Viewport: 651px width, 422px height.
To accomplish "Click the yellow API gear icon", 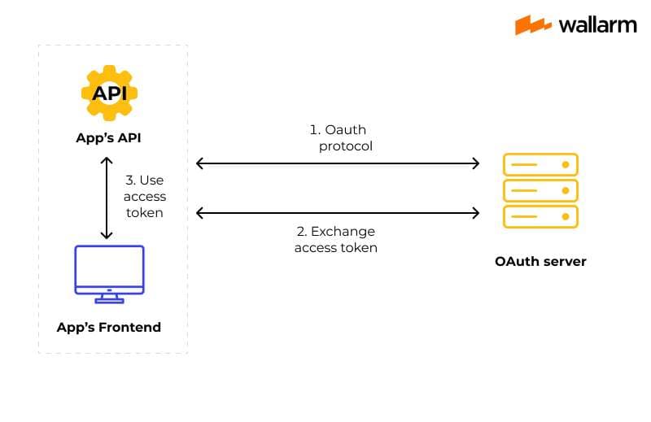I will pyautogui.click(x=109, y=92).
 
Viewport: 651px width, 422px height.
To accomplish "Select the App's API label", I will pyautogui.click(x=108, y=137).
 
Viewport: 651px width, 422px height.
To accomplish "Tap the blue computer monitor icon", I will pyautogui.click(x=109, y=270).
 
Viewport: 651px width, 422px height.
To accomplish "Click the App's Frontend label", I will pyautogui.click(x=109, y=328).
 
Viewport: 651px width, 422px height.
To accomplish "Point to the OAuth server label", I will pyautogui.click(x=540, y=262).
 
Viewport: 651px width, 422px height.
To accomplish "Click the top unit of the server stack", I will pyautogui.click(x=540, y=164).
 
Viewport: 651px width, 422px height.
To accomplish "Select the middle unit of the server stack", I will pyautogui.click(x=540, y=190).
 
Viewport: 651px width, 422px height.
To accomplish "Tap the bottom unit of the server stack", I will pyautogui.click(x=540, y=216).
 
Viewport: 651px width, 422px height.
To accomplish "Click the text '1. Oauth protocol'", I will pyautogui.click(x=338, y=138).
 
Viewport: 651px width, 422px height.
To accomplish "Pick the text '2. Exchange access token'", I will pyautogui.click(x=336, y=240).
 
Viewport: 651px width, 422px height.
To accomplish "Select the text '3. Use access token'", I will pyautogui.click(x=146, y=196).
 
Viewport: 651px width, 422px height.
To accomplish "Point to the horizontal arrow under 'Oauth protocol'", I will pyautogui.click(x=338, y=163).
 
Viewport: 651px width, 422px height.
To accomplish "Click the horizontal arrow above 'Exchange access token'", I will pyautogui.click(x=338, y=214).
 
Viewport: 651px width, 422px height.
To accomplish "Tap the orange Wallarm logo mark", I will pyautogui.click(x=534, y=24).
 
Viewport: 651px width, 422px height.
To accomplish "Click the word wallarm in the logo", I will pyautogui.click(x=596, y=24).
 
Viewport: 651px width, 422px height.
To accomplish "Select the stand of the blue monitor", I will pyautogui.click(x=109, y=298).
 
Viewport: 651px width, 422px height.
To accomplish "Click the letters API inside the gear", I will pyautogui.click(x=109, y=93).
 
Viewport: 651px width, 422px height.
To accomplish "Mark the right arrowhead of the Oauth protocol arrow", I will pyautogui.click(x=476, y=163).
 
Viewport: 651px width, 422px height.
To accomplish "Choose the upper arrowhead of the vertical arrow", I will pyautogui.click(x=106, y=160).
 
